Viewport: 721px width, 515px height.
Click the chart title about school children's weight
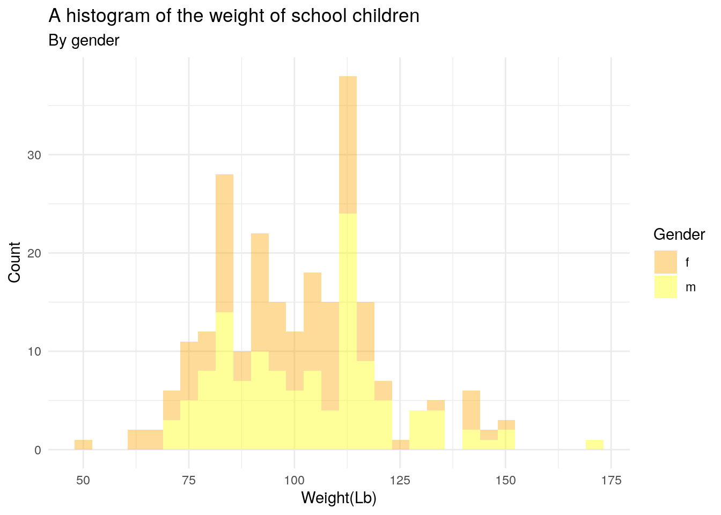click(x=234, y=16)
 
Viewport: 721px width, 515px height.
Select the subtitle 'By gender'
click(x=84, y=40)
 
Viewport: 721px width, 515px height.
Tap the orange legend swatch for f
click(x=665, y=262)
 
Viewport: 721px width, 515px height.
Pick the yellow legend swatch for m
click(x=665, y=286)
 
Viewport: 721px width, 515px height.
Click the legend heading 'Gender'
click(x=679, y=234)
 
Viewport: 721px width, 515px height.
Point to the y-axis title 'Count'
click(x=14, y=262)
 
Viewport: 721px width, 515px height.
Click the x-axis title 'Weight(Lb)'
click(x=339, y=498)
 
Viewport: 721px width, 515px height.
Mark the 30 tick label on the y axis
click(x=34, y=155)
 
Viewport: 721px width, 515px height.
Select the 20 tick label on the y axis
click(x=34, y=253)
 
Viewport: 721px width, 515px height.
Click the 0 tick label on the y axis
click(x=38, y=450)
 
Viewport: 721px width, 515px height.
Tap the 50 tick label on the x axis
click(x=83, y=480)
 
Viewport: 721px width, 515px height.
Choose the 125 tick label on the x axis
click(x=400, y=480)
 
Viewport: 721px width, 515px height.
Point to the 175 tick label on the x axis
click(x=611, y=480)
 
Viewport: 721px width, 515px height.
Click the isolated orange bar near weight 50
click(x=83, y=445)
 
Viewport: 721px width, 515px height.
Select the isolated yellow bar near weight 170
click(x=594, y=445)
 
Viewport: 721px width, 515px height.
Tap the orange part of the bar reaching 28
click(x=224, y=241)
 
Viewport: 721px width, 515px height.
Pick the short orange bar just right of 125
click(x=401, y=445)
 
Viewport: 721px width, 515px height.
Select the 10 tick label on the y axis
click(x=34, y=351)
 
